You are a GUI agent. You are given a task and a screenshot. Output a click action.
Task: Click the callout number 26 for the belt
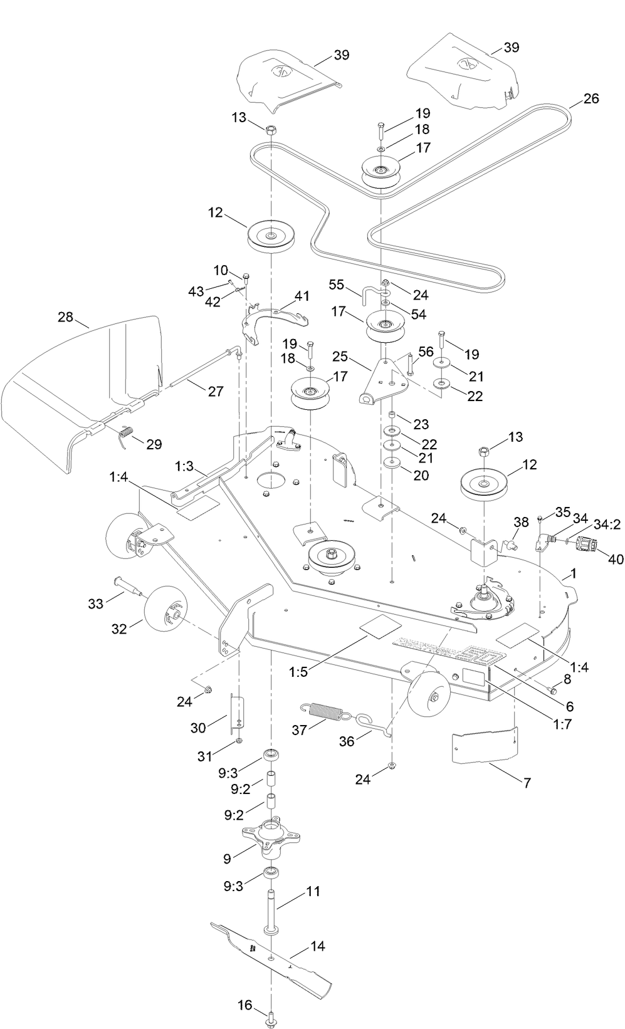[x=591, y=98]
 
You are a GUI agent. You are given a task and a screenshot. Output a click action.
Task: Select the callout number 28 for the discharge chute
[x=65, y=316]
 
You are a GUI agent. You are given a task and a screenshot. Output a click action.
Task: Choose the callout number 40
[x=615, y=558]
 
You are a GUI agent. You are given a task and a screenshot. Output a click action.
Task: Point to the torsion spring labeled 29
[x=126, y=433]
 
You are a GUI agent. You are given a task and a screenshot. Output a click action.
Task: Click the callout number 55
[x=337, y=285]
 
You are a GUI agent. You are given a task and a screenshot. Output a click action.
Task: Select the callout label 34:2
[x=607, y=524]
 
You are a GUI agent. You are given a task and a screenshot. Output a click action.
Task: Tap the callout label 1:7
[x=562, y=724]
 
